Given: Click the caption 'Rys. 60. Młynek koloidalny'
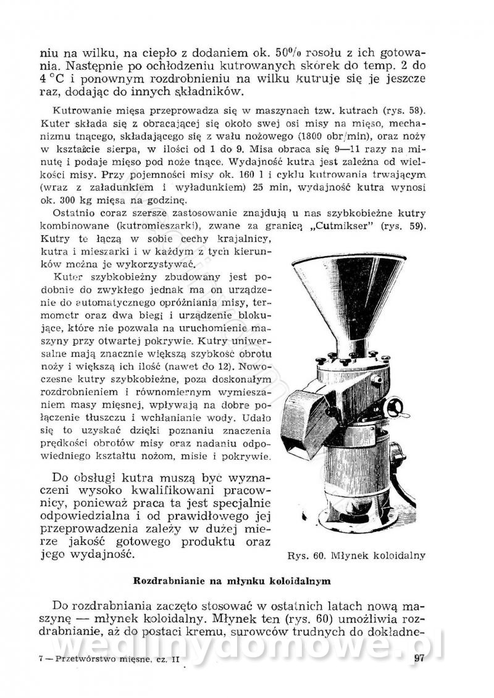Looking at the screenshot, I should [356, 555].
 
